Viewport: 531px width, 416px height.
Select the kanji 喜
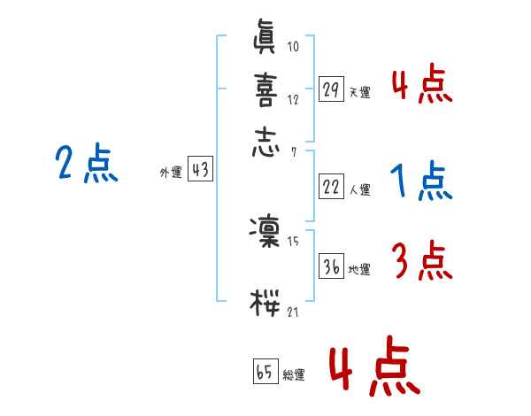[266, 89]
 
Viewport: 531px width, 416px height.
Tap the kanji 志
[266, 143]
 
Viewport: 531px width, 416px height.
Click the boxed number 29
[331, 89]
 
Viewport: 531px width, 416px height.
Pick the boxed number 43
[200, 171]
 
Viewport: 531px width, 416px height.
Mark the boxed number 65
[264, 372]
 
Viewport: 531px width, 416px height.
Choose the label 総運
[293, 375]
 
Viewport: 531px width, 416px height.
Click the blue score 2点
[86, 165]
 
